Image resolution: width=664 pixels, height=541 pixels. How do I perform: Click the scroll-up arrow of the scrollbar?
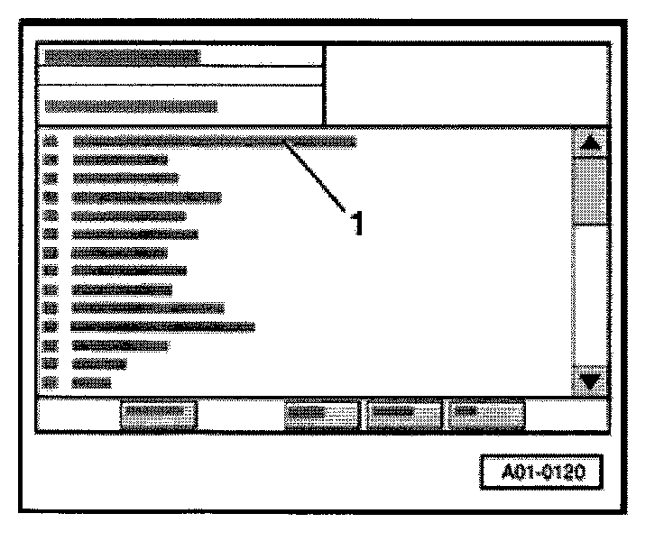[x=591, y=143]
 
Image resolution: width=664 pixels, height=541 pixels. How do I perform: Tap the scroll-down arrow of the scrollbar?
[x=591, y=381]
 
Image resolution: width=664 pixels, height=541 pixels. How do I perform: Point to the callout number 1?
[x=358, y=222]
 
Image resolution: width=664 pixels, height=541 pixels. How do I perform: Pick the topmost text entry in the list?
[x=213, y=142]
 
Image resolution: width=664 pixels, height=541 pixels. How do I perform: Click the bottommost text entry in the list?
[x=91, y=382]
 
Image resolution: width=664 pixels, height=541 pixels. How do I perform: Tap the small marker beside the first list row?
[x=51, y=142]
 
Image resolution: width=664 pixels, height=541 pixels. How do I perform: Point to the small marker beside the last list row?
[x=51, y=382]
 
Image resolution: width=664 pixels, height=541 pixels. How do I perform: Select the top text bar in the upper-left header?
[x=122, y=56]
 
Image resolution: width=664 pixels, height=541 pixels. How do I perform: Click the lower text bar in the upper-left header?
[x=131, y=106]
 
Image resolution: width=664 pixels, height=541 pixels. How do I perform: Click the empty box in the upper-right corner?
[x=465, y=86]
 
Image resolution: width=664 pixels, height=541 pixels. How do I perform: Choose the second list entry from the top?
[x=119, y=160]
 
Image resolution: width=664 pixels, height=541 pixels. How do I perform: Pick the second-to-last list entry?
[x=98, y=363]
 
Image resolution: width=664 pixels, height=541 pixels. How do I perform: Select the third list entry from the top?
[x=124, y=178]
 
